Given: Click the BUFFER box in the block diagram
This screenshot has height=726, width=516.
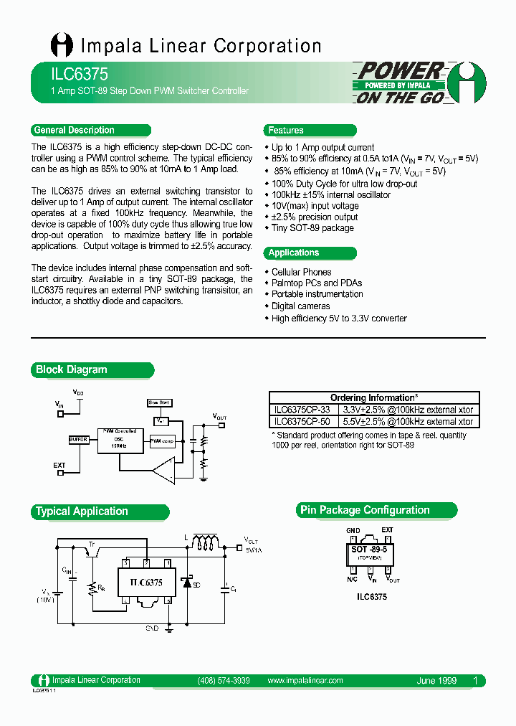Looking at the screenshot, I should [x=79, y=439].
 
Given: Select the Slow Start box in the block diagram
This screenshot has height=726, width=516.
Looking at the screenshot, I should [x=159, y=403].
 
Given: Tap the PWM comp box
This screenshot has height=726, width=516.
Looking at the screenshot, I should [x=162, y=440].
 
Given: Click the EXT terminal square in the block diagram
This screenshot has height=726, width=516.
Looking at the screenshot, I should [x=60, y=473].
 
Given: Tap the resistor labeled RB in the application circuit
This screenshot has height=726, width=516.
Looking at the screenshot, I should [x=92, y=588].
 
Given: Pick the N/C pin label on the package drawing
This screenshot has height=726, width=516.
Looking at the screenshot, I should [x=352, y=578].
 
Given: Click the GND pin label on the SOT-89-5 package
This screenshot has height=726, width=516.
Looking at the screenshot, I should [x=353, y=530].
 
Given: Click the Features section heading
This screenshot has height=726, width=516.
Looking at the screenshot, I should [x=286, y=131].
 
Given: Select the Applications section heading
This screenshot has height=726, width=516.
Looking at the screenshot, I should [x=294, y=253].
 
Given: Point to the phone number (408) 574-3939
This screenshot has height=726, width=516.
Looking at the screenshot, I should [x=223, y=681].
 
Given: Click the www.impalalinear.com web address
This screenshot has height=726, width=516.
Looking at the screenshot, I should [x=305, y=681].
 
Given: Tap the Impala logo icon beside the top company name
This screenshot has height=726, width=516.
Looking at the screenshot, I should [x=62, y=46].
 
